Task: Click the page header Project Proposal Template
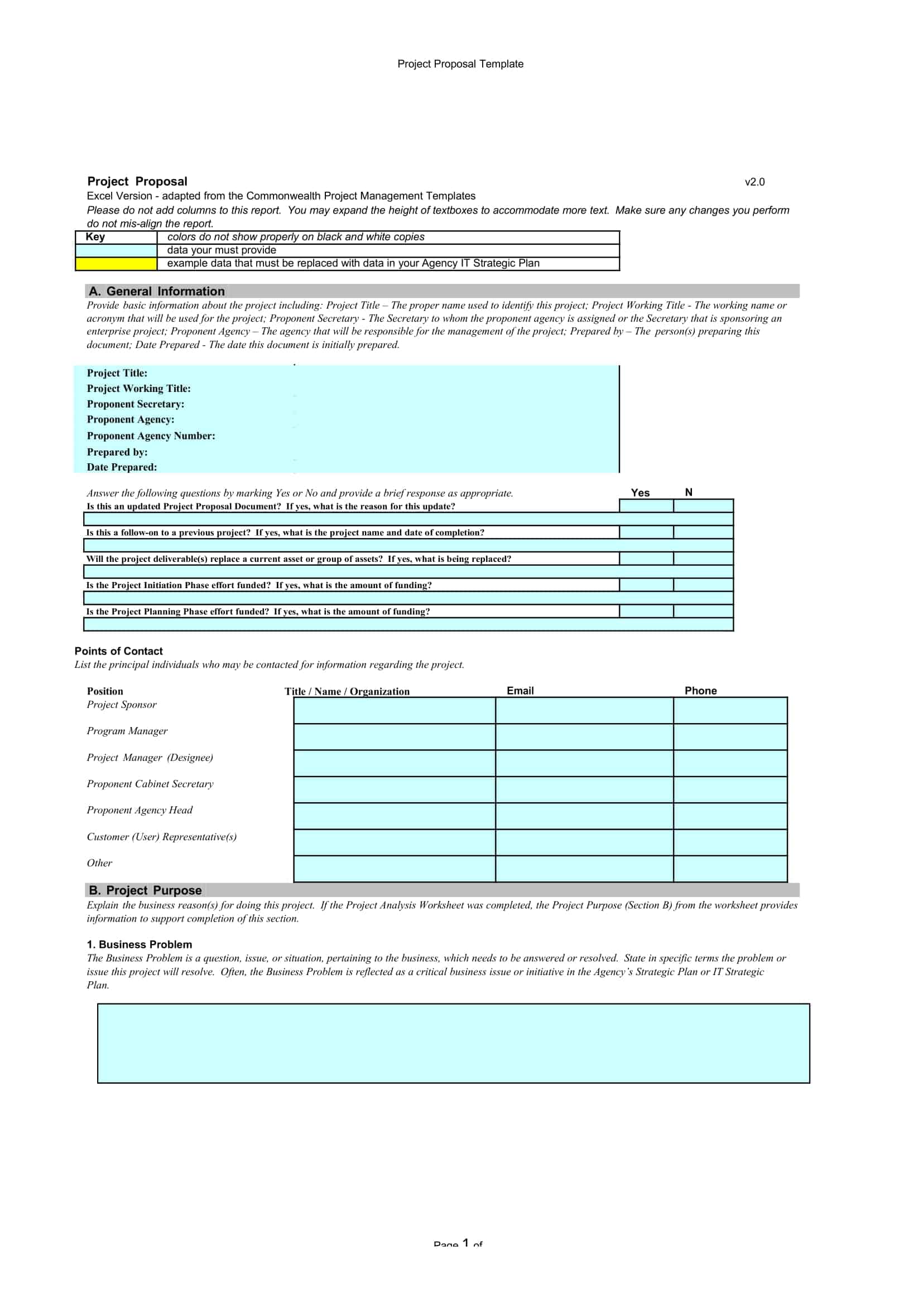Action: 460,64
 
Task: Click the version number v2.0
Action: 754,182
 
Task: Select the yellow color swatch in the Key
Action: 116,264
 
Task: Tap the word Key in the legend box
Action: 95,237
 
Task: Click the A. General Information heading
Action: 156,292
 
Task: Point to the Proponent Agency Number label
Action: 151,436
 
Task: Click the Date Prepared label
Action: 122,467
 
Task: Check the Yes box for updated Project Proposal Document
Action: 646,506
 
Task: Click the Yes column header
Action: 640,493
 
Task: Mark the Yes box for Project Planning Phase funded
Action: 646,611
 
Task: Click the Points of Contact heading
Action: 118,651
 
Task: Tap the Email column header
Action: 520,691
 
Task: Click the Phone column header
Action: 700,691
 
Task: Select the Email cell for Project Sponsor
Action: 584,710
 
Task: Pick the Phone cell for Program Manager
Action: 730,736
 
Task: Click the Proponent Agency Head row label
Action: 140,811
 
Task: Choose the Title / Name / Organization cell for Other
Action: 394,869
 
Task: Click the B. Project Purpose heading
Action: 145,890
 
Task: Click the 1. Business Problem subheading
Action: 140,944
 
